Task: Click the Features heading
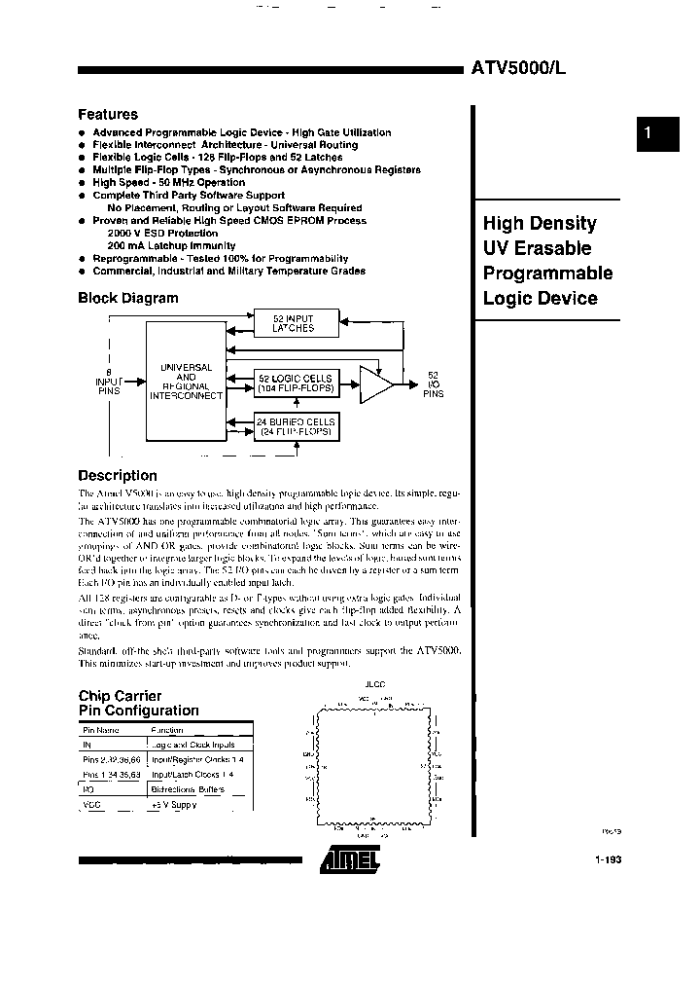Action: point(108,114)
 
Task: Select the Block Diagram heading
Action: point(128,298)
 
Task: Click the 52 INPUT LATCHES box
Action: point(294,323)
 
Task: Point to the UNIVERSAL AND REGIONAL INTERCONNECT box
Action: point(185,382)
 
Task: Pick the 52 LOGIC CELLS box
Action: point(295,383)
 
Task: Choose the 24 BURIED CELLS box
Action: point(295,426)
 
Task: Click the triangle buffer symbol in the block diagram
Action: point(376,383)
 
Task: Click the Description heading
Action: point(118,475)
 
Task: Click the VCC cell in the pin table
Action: point(92,804)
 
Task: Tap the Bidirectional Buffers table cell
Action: point(187,788)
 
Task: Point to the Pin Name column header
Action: point(101,729)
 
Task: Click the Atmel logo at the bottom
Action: point(348,857)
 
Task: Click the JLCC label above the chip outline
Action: point(374,684)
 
